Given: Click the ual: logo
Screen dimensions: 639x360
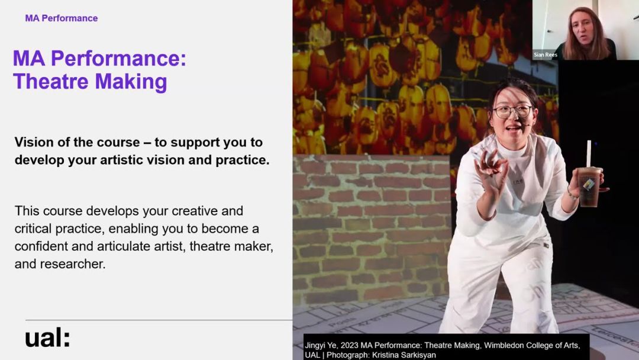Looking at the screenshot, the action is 48,337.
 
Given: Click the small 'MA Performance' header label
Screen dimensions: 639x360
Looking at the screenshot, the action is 62,18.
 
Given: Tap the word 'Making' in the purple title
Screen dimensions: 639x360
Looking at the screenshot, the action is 131,82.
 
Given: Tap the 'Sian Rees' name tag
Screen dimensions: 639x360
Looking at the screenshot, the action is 546,54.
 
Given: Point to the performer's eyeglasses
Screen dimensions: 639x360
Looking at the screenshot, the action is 512,111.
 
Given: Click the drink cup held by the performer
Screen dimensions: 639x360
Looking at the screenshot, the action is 589,186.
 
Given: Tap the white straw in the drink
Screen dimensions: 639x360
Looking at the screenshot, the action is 589,154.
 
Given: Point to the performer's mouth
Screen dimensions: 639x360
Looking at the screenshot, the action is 512,129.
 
